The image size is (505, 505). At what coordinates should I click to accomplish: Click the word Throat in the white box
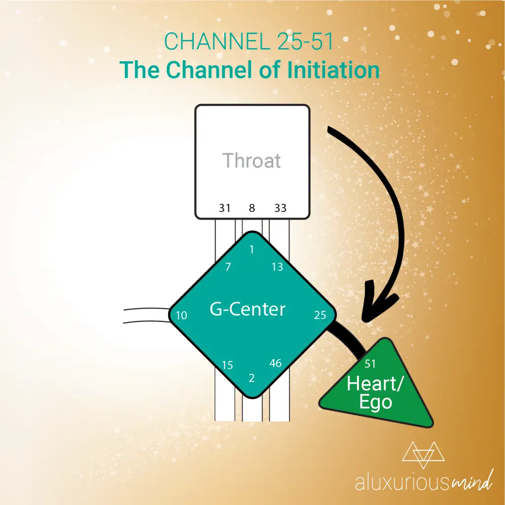tap(252, 160)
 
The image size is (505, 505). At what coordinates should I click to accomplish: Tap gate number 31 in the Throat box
tap(224, 208)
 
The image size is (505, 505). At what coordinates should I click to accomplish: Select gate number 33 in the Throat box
tap(280, 208)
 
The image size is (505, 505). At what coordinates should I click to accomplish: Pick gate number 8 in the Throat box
tap(252, 208)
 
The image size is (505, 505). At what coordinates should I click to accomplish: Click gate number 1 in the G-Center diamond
tap(252, 249)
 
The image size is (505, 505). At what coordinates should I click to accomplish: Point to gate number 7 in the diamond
tap(228, 267)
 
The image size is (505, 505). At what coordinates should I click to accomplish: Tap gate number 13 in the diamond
tap(277, 267)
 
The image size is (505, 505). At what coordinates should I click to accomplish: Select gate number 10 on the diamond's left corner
tap(181, 315)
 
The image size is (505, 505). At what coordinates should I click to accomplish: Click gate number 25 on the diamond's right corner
tap(320, 315)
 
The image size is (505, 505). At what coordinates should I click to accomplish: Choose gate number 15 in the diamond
tap(227, 365)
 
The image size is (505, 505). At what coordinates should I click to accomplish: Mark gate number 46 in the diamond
tap(275, 363)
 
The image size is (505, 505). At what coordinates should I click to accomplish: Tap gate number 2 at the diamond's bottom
tap(252, 378)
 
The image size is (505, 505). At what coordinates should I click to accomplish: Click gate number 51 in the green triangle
tap(370, 364)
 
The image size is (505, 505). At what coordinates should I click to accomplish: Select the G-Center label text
tap(248, 309)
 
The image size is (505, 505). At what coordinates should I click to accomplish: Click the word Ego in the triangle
tap(375, 402)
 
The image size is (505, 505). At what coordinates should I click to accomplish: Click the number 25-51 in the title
tap(305, 41)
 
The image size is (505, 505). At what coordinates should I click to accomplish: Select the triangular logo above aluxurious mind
tap(423, 455)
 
